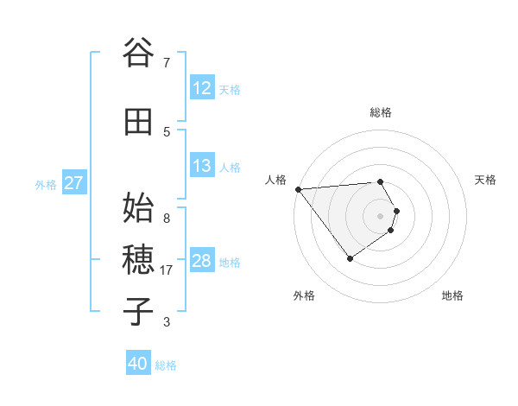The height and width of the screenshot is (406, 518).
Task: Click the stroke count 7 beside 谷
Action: point(167,62)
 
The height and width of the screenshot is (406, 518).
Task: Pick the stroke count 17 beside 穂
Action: point(167,270)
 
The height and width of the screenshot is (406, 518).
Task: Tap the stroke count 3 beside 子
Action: point(167,322)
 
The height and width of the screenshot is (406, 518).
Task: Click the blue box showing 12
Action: point(202,88)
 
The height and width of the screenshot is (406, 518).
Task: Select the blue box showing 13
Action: point(202,166)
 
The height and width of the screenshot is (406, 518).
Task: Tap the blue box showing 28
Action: point(202,261)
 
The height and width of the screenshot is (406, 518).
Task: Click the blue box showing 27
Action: point(73,183)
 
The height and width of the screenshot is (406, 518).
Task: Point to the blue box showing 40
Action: point(138,364)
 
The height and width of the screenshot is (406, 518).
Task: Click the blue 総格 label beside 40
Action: point(166,365)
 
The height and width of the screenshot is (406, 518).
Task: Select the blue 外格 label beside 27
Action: point(46,184)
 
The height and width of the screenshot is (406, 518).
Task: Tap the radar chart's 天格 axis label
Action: point(486,180)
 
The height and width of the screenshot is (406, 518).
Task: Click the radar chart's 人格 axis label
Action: point(275,180)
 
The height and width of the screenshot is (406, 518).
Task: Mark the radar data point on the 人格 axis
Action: point(298,189)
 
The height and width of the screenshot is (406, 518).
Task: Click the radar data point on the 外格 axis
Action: point(350,258)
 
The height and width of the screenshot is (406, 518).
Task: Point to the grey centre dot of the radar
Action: point(380,215)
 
